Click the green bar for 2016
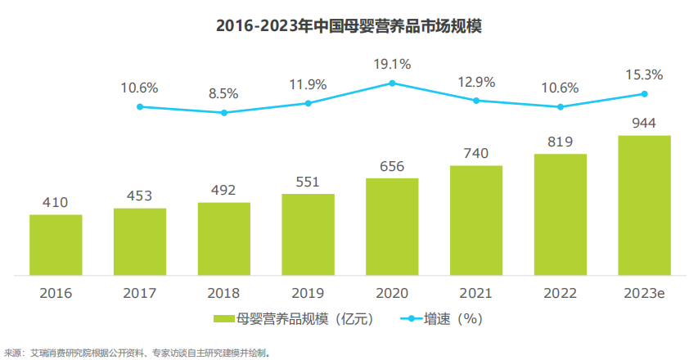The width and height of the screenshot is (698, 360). click(x=56, y=245)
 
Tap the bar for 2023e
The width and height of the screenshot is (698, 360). click(x=644, y=205)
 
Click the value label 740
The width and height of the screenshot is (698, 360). click(x=475, y=153)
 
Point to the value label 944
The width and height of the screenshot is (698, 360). click(x=644, y=123)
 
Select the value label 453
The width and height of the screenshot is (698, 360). click(x=139, y=196)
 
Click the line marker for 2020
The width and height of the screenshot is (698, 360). click(x=392, y=83)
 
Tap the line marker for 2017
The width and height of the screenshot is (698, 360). click(x=140, y=106)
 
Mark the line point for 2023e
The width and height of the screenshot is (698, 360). click(x=644, y=93)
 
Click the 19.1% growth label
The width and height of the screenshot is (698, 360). click(x=392, y=63)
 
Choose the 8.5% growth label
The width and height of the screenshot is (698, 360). click(x=223, y=93)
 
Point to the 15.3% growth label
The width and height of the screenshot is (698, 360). click(x=644, y=74)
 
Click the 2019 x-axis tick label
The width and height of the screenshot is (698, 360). click(x=308, y=293)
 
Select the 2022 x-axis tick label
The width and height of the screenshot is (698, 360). click(x=560, y=293)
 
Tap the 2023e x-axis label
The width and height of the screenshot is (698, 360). click(x=644, y=293)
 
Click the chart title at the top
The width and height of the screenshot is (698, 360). click(x=349, y=25)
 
